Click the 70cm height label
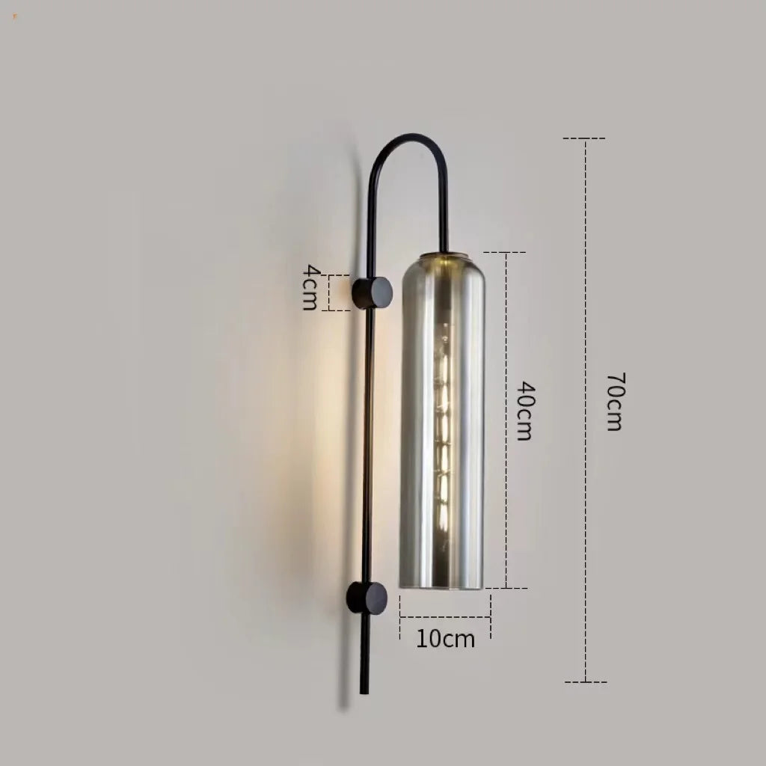coord(613,402)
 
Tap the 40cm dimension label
coord(524,411)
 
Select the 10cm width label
coord(446,640)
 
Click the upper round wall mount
coord(373,292)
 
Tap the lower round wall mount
coord(367,598)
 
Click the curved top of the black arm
coord(410,139)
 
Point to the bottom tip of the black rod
coord(364,690)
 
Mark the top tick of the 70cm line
coord(584,138)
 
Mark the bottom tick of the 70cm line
coord(585,681)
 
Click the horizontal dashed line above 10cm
coord(446,617)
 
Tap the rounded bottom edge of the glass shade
coord(444,586)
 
